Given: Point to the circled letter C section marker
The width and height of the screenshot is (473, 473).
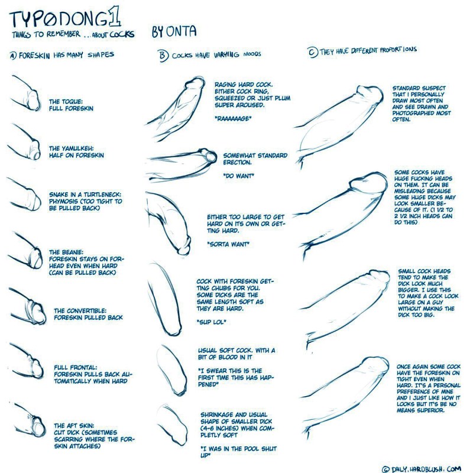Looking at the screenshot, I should [x=312, y=51].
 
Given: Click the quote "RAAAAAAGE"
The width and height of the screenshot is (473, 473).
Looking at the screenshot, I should [x=234, y=119].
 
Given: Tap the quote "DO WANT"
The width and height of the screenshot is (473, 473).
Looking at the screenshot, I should [x=238, y=176].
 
